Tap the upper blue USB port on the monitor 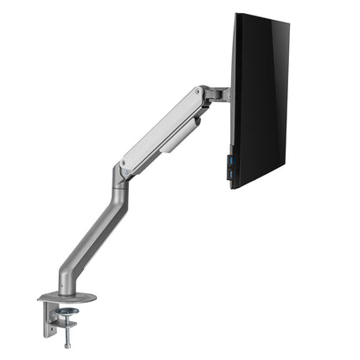[x=230, y=160]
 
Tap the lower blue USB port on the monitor [x=230, y=170]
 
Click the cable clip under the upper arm [x=178, y=138]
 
